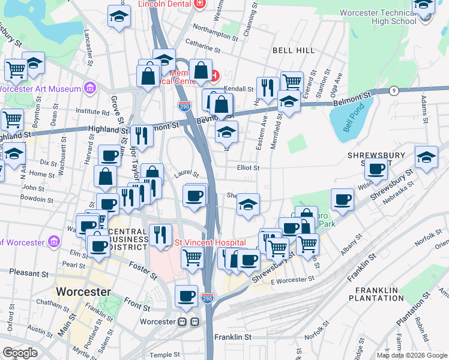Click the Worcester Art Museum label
point(41,89)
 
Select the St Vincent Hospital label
point(210,242)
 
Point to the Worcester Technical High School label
point(378,16)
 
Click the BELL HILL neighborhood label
point(294,50)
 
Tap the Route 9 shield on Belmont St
point(394,91)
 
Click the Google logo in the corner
point(20,353)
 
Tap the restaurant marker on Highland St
point(141,136)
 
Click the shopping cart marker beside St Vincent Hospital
point(192,257)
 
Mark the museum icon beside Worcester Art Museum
point(90,89)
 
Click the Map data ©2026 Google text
point(412,355)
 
